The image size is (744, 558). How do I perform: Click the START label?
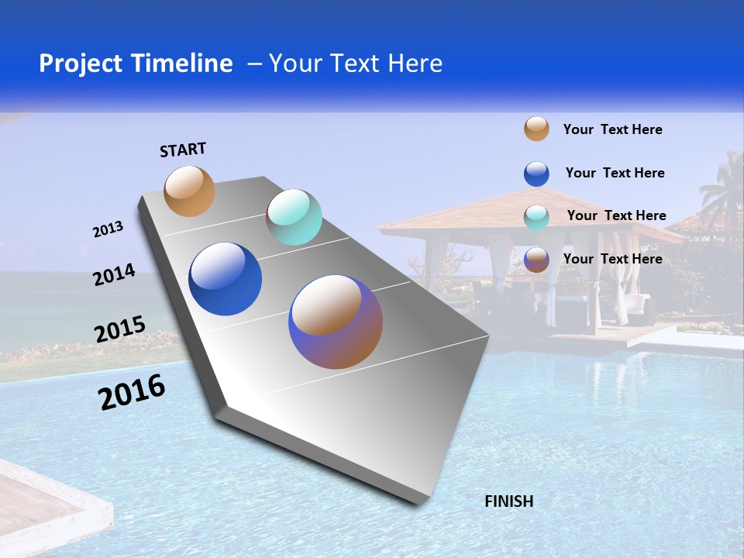(x=183, y=150)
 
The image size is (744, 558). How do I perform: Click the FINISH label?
(x=508, y=501)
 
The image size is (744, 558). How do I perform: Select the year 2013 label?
(x=108, y=229)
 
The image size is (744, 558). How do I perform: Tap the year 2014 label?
(x=114, y=275)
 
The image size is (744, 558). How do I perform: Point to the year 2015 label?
(x=120, y=329)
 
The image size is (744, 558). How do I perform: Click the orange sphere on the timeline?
(x=189, y=191)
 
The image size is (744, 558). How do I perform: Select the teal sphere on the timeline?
(x=294, y=217)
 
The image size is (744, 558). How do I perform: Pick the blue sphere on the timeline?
(x=225, y=279)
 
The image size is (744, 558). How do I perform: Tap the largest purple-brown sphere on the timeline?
(x=336, y=322)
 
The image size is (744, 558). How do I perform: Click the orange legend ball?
(x=536, y=129)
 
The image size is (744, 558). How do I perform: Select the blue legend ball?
(x=536, y=174)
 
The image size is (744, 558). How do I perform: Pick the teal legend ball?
(x=536, y=217)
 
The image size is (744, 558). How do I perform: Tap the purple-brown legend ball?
(x=536, y=260)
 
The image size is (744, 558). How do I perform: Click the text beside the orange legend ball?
(x=612, y=129)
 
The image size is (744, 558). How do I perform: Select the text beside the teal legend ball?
(x=616, y=215)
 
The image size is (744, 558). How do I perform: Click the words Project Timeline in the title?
(x=136, y=64)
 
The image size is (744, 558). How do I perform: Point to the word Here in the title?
(x=415, y=64)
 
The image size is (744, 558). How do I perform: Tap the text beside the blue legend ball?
(x=615, y=173)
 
